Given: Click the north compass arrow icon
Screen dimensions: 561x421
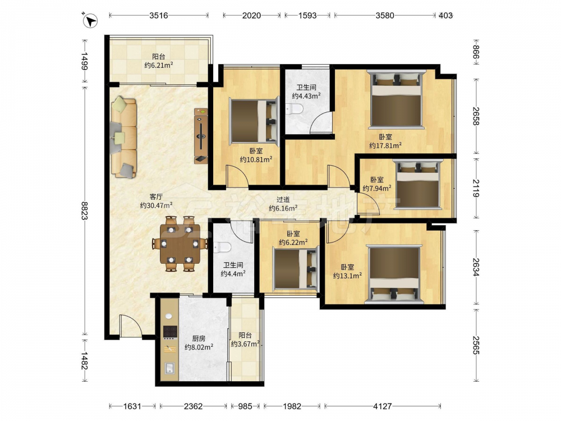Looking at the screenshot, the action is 90,20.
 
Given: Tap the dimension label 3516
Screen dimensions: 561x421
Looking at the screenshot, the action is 159,15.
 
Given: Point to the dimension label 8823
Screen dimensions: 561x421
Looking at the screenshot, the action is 85,210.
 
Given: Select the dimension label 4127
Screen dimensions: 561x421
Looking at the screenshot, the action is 383,406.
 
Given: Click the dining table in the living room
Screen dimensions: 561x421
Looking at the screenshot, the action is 180,244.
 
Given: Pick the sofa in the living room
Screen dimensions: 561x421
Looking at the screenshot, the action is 123,138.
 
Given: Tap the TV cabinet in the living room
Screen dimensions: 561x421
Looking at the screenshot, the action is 201,136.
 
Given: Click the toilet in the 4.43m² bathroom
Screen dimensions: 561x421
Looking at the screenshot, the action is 295,109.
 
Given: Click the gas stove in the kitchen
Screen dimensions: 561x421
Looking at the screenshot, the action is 171,332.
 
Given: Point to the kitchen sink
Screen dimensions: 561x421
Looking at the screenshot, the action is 169,368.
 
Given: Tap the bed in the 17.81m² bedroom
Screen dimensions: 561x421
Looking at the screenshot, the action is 396,99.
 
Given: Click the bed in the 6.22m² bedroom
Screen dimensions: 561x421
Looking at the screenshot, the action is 296,268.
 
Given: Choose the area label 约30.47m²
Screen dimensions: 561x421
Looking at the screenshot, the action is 157,205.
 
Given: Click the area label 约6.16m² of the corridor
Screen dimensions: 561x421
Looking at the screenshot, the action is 283,208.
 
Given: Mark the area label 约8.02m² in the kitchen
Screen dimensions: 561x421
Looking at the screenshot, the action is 199,346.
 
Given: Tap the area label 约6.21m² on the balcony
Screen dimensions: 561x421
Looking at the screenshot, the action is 159,65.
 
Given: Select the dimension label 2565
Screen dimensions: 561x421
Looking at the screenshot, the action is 476,345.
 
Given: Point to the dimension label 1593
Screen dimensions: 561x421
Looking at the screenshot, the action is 307,15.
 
